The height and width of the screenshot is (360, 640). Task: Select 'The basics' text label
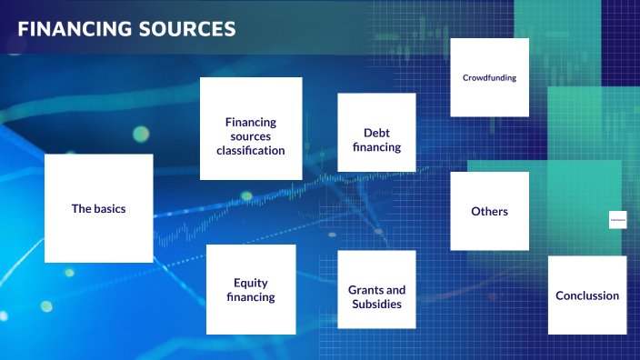click(x=98, y=208)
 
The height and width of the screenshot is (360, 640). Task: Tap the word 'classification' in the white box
click(x=251, y=150)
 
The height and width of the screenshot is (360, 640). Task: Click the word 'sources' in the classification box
click(x=251, y=135)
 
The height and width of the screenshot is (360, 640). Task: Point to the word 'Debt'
click(x=376, y=133)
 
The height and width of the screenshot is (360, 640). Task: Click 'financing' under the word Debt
click(x=376, y=146)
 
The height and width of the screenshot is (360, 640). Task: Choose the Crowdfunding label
click(x=489, y=78)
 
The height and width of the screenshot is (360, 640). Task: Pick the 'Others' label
click(x=489, y=212)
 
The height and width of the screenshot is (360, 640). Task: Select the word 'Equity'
click(x=251, y=283)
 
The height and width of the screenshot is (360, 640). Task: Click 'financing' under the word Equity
click(x=251, y=297)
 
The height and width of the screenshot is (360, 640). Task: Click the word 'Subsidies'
click(x=376, y=304)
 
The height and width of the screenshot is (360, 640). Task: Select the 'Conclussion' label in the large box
click(x=587, y=295)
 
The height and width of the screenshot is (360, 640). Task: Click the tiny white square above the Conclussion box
click(x=618, y=220)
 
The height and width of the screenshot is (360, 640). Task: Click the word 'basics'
click(x=109, y=208)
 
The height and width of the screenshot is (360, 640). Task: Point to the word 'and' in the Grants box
click(x=395, y=290)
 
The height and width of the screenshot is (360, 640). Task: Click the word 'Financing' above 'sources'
click(x=251, y=122)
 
